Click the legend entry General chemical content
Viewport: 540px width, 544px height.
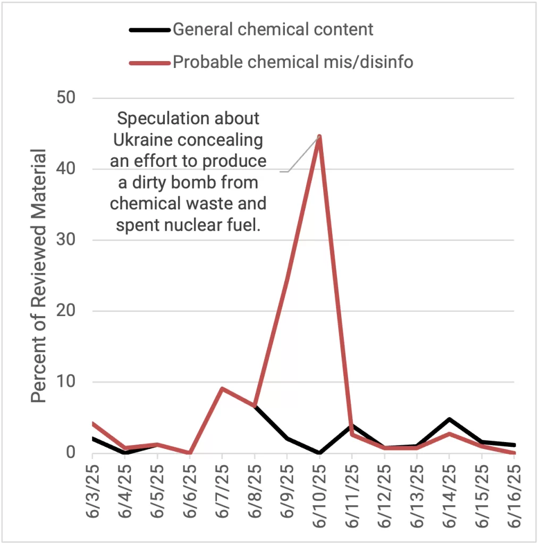(x=273, y=29)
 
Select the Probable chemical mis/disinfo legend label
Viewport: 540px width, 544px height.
(x=293, y=62)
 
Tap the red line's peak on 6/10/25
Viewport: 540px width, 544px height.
(x=319, y=137)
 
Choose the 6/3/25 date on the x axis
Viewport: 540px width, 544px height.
(x=92, y=494)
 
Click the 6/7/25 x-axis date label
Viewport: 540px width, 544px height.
(x=222, y=494)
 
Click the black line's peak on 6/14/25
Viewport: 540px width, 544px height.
(x=449, y=419)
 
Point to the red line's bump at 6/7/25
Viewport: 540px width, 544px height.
(x=222, y=388)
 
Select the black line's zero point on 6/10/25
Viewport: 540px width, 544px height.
(x=319, y=453)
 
